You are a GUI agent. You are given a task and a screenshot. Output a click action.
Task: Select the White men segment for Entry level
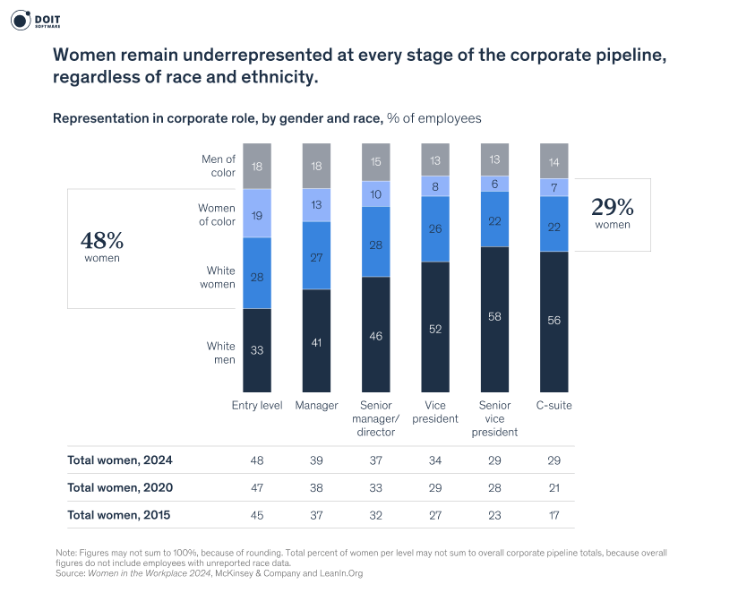(257, 349)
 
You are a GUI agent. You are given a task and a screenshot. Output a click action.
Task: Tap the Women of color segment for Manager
(316, 204)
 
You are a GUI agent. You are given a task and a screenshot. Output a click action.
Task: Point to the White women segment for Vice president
(435, 228)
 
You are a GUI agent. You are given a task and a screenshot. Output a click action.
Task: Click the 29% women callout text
(613, 212)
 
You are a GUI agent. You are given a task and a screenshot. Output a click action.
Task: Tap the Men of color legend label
(218, 166)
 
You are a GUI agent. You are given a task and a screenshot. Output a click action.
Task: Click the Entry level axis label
(257, 406)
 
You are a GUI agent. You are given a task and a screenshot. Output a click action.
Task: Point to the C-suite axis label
(554, 406)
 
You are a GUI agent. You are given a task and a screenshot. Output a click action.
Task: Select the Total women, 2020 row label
(120, 487)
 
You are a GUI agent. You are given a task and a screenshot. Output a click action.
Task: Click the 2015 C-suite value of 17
(554, 515)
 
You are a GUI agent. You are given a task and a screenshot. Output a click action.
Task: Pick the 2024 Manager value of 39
(316, 460)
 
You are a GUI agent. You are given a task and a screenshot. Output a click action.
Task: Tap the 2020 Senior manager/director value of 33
(376, 487)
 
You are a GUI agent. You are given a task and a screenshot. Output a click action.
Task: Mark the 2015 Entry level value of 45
(257, 515)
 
